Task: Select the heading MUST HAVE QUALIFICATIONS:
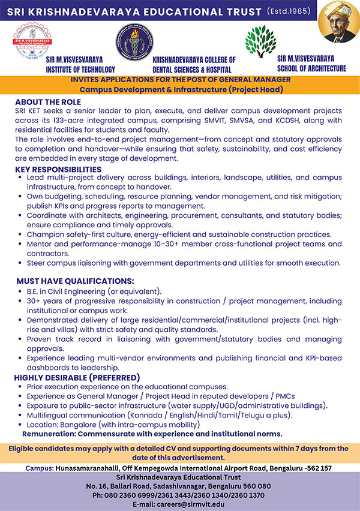[75, 281]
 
